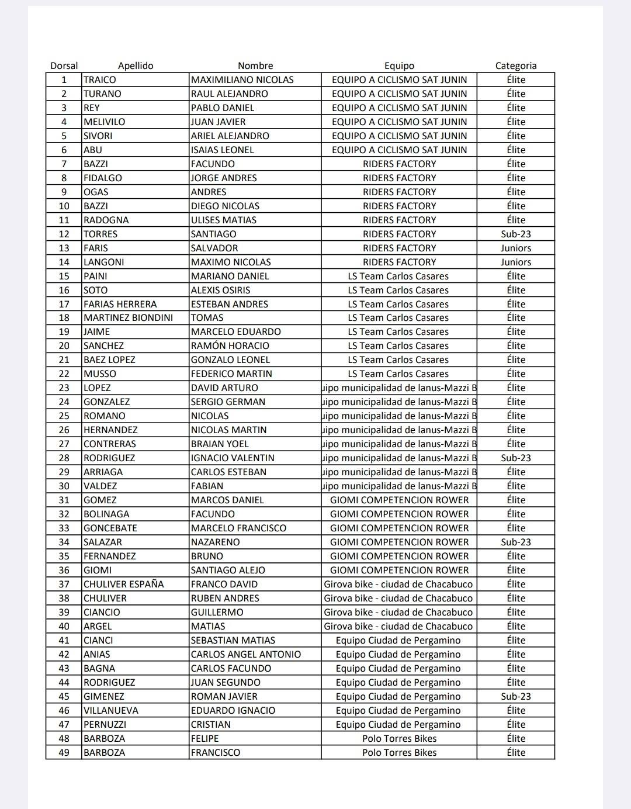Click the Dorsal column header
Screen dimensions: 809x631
tap(64, 65)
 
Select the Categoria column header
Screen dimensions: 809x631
tap(515, 65)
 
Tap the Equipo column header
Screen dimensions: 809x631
tap(399, 65)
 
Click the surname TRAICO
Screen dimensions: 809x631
tap(100, 79)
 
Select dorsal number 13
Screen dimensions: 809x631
tap(64, 248)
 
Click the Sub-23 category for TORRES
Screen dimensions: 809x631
tap(515, 234)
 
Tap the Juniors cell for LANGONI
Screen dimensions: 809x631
tap(515, 262)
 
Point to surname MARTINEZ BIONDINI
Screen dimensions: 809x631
tap(128, 317)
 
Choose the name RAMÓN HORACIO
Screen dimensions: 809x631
tap(230, 345)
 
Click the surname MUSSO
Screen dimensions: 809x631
tap(100, 374)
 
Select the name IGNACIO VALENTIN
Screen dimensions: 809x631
tap(233, 458)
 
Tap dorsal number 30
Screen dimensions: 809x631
tap(64, 486)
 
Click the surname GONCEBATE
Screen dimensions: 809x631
tap(110, 528)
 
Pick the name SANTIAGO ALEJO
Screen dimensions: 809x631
tap(228, 570)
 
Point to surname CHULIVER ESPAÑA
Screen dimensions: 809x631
tap(124, 584)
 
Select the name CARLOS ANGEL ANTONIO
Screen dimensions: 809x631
tap(246, 654)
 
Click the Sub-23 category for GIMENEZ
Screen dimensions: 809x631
tap(515, 696)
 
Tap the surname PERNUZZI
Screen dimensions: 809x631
tap(105, 724)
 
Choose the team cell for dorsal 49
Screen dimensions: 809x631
tap(399, 752)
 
